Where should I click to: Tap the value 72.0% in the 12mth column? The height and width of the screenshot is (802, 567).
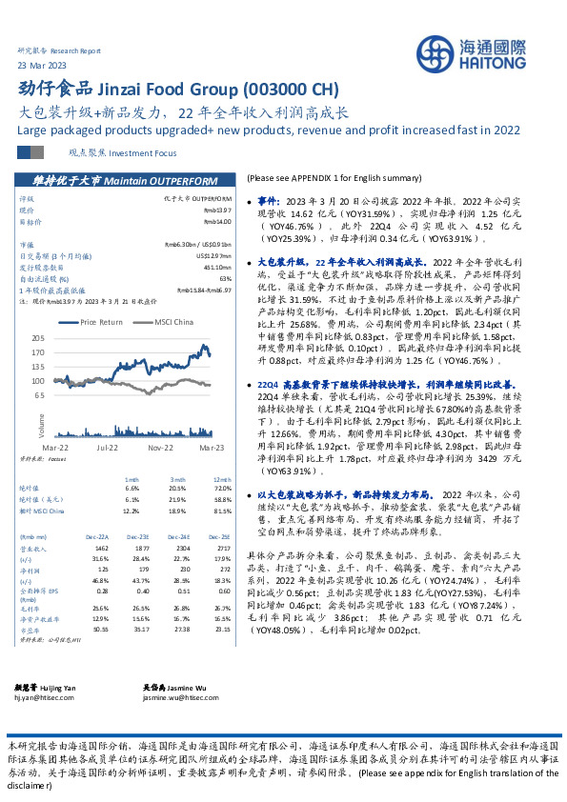point(222,488)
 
